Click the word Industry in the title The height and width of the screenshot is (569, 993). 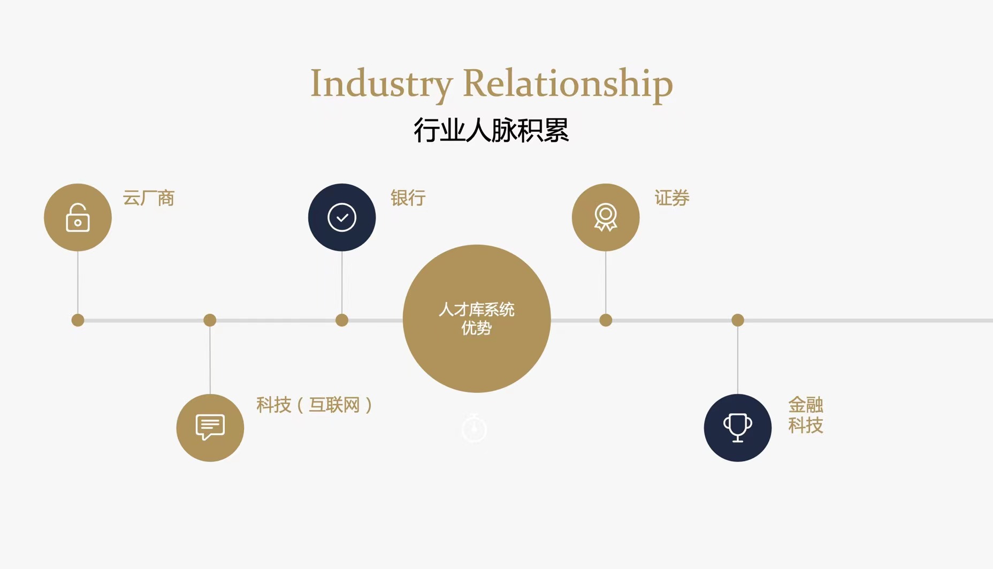tap(381, 85)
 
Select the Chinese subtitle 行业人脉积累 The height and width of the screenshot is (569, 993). tap(491, 130)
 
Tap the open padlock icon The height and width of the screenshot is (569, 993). tap(78, 217)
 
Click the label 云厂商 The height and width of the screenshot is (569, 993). tap(149, 198)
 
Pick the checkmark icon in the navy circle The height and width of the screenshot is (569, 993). tap(342, 217)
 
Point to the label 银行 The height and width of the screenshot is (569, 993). tap(408, 198)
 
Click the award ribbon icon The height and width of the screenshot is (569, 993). tap(606, 217)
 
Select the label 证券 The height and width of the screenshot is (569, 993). tap(672, 198)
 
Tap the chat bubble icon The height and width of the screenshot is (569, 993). tap(210, 427)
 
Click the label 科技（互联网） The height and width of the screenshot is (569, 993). tap(314, 405)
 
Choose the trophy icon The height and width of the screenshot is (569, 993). tap(737, 428)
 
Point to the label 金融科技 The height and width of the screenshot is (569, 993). tap(805, 415)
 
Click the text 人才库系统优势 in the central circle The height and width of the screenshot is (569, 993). tap(476, 318)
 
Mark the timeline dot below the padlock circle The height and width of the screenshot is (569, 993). tap(78, 320)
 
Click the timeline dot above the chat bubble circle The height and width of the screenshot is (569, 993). tap(210, 320)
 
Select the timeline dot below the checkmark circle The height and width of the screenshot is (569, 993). tap(342, 320)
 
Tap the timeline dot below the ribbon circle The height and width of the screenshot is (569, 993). tap(606, 320)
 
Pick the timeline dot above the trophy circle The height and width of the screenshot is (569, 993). tap(738, 320)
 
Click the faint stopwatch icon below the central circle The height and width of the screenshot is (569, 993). tap(474, 428)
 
